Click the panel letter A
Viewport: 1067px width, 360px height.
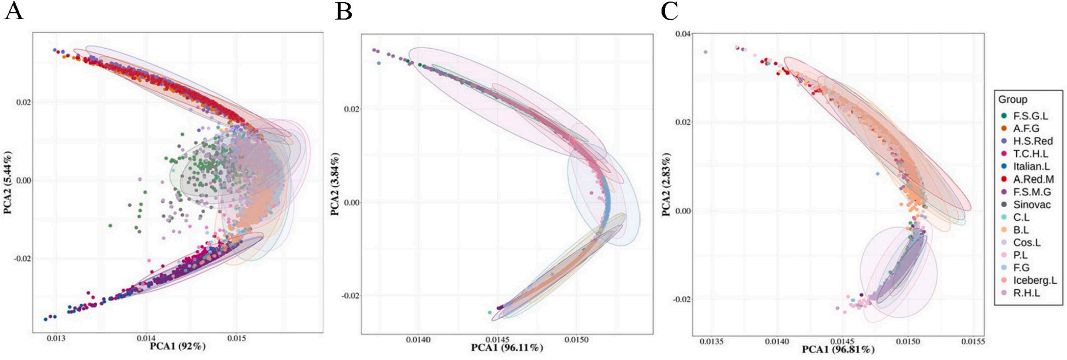[x=14, y=11]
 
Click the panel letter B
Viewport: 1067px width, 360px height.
[x=343, y=11]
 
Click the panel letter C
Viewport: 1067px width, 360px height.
[x=669, y=11]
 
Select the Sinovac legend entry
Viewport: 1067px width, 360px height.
[x=1031, y=205]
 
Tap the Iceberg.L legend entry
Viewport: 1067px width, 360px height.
[x=1034, y=280]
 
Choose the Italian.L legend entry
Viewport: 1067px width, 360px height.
[x=1031, y=166]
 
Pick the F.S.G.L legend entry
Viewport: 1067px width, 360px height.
[x=1030, y=116]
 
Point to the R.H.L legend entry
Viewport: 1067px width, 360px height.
[x=1026, y=293]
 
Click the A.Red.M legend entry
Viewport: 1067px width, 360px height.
[x=1033, y=179]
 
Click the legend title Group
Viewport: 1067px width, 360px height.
[x=1012, y=99]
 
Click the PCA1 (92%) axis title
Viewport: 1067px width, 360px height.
[x=178, y=346]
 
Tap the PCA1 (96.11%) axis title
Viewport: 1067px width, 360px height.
[x=507, y=347]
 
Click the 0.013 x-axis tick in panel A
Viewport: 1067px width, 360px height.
[x=56, y=339]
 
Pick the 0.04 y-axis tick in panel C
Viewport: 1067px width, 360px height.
[x=683, y=34]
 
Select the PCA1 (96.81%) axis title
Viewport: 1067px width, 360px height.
[x=838, y=349]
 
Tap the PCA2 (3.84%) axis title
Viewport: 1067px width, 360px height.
[x=335, y=184]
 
